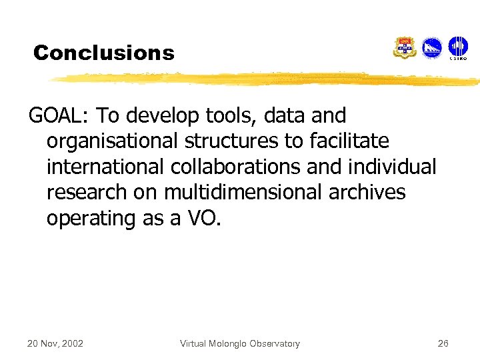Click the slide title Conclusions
click(x=103, y=53)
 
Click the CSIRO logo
click(x=458, y=48)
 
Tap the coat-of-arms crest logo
click(x=405, y=48)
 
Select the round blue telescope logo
click(x=432, y=47)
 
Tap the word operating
click(x=91, y=218)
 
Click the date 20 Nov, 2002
click(x=55, y=343)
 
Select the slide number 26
click(x=443, y=343)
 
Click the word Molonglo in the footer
click(x=231, y=343)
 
